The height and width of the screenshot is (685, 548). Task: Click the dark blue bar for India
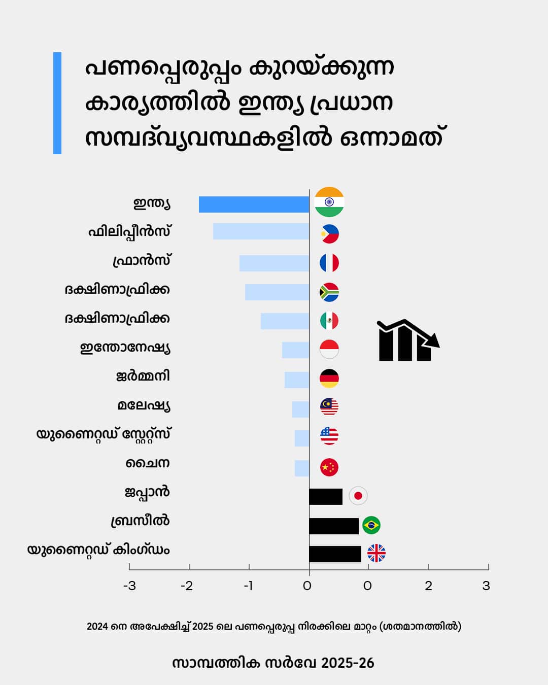click(x=254, y=204)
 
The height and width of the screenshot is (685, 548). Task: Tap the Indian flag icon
click(x=329, y=202)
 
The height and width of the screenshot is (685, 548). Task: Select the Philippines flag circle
click(x=329, y=234)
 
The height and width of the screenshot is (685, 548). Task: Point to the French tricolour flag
click(x=329, y=263)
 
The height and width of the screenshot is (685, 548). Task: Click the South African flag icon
click(x=329, y=292)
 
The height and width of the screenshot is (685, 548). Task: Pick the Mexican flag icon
click(x=329, y=320)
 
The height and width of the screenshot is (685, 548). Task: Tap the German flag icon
click(x=329, y=378)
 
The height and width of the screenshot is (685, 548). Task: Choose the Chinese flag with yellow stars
click(x=329, y=467)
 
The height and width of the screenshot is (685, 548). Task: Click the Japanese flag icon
click(x=358, y=495)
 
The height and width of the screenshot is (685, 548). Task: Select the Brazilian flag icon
click(x=371, y=525)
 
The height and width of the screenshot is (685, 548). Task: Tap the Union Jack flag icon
click(x=376, y=553)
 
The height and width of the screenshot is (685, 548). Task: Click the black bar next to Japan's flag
click(x=326, y=496)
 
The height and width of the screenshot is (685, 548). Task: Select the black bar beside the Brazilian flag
click(x=334, y=526)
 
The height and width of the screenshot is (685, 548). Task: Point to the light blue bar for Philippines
click(x=261, y=231)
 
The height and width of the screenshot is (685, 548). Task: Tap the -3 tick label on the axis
click(x=129, y=586)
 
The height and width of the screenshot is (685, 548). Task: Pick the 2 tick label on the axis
click(x=428, y=586)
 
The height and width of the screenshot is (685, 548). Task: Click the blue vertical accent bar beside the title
click(x=57, y=103)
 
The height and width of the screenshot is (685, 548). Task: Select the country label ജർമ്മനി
click(x=143, y=376)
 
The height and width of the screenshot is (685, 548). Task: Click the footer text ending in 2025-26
click(x=273, y=663)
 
